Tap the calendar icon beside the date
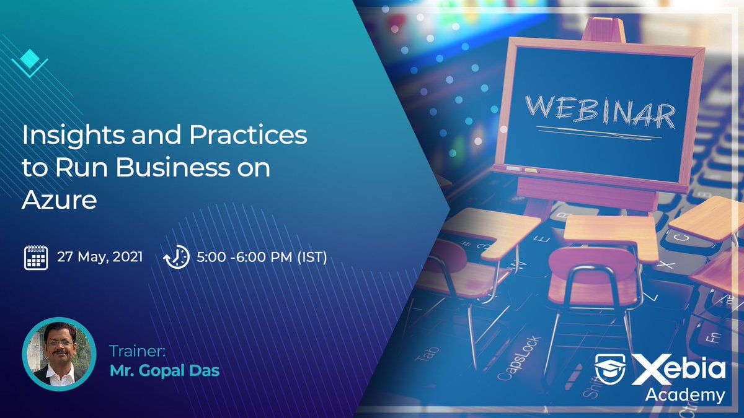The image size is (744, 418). coord(36,257)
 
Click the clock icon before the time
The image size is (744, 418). coord(177,257)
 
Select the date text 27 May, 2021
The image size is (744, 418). coord(100,256)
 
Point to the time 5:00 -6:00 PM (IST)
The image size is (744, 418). coord(261,256)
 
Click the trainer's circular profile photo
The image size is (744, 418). coord(60,354)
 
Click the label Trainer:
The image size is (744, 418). coord(138,351)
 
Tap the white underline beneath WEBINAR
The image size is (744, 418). coord(598,131)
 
